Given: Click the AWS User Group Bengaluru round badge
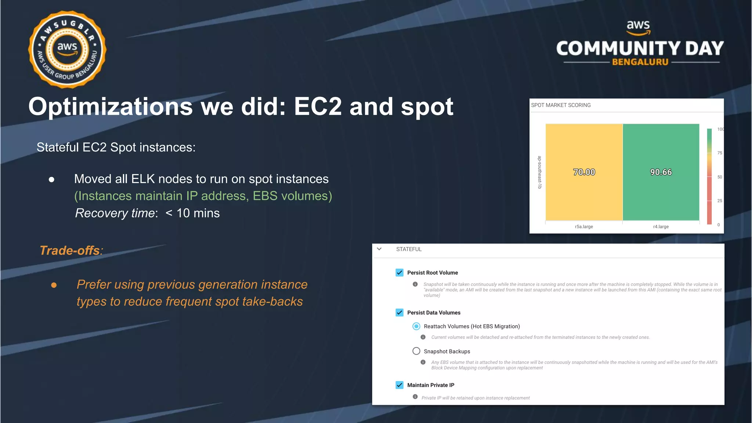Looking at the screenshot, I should coord(67,50).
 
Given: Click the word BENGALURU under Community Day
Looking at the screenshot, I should coord(640,62).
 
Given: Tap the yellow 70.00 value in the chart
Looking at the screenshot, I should coord(584,172).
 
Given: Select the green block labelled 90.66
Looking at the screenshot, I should coord(661,172).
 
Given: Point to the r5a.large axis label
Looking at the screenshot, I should coord(584,227).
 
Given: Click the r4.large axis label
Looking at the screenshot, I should coord(661,227).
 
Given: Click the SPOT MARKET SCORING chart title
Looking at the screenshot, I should coord(561,105).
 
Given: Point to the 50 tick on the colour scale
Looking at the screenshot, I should coord(719,177).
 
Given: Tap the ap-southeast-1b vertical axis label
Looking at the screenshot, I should coord(539,172).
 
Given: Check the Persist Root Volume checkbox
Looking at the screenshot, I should coord(399,272).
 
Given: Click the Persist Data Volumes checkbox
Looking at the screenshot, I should coord(399,312).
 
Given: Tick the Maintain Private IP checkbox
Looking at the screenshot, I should coord(399,385).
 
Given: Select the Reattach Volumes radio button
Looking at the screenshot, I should coord(416,326).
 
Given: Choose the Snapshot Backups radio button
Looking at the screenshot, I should coord(416,351).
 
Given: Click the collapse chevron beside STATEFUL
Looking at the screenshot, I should coord(379,249).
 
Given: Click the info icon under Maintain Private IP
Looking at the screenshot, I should coord(415,397).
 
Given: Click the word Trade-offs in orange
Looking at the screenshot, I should coord(70,250).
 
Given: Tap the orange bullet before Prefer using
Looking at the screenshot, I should coord(54,285).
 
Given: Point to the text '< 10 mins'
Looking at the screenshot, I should coord(192,213).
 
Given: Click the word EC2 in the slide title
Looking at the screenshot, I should coord(318,106).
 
